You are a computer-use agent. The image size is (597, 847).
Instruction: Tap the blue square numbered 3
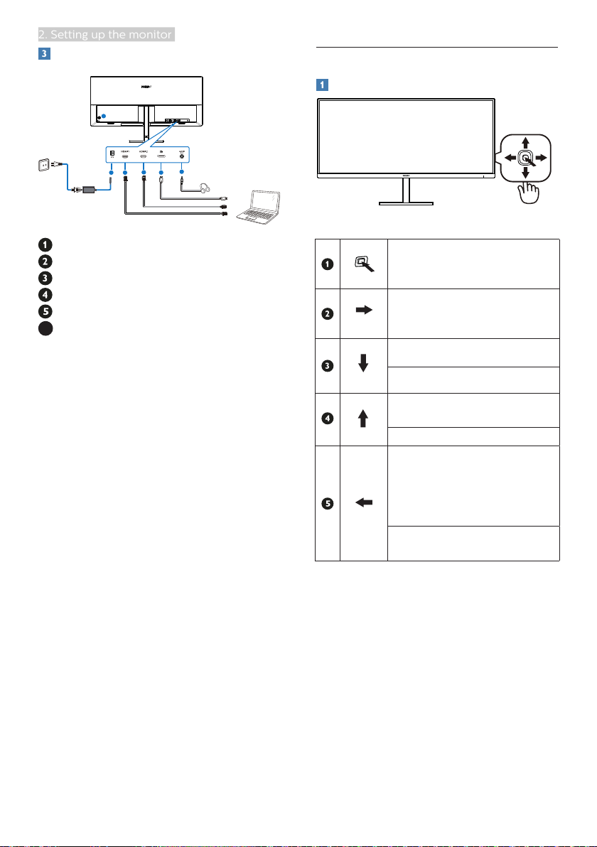point(42,54)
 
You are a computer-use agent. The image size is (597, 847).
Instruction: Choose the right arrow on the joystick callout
point(542,157)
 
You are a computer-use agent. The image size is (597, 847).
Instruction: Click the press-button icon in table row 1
point(364,264)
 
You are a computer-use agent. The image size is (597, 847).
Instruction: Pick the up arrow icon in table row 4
point(364,417)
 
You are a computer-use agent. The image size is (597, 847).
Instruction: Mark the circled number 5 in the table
point(327,504)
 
